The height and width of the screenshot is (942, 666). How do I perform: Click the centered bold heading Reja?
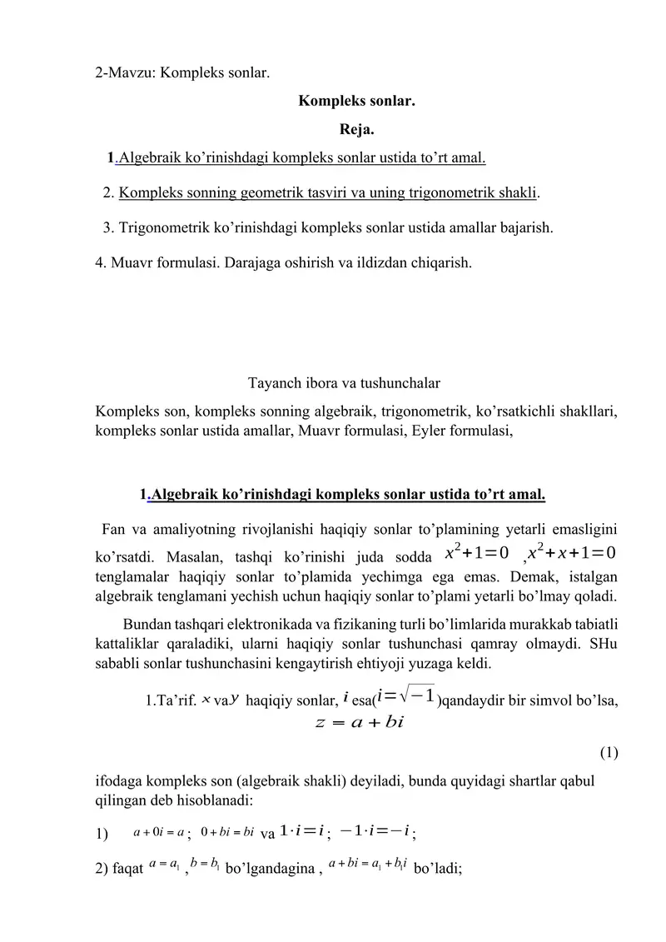(x=356, y=129)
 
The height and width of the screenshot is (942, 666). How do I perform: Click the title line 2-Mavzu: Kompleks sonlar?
(x=182, y=72)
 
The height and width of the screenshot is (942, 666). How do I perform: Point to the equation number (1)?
(x=609, y=754)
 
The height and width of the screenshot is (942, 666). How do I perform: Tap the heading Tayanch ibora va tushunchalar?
(x=345, y=383)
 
